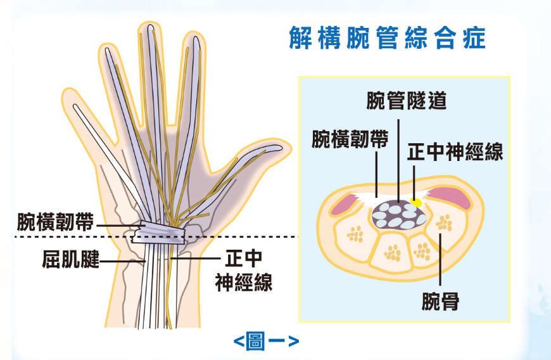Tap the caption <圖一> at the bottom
(x=266, y=342)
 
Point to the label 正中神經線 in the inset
(x=455, y=152)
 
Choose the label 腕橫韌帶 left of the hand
(x=56, y=223)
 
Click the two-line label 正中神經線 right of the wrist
(x=243, y=271)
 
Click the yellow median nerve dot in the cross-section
(x=416, y=202)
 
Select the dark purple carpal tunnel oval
(x=397, y=214)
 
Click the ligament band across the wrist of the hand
(x=158, y=233)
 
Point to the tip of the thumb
(x=281, y=148)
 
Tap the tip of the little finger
(x=77, y=109)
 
